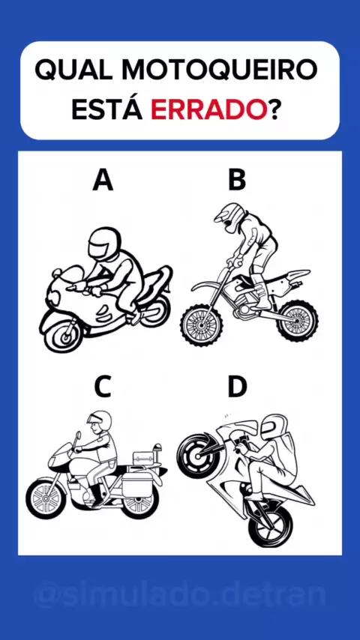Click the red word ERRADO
[x=206, y=109]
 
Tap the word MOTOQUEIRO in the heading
[x=220, y=70]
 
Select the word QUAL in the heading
[x=74, y=70]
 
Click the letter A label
[x=103, y=180]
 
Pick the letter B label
[x=237, y=180]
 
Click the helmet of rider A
[x=104, y=244]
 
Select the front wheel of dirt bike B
[x=202, y=325]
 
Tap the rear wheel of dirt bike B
[x=297, y=320]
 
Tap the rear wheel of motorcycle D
[x=270, y=525]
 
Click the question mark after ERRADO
[x=271, y=109]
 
